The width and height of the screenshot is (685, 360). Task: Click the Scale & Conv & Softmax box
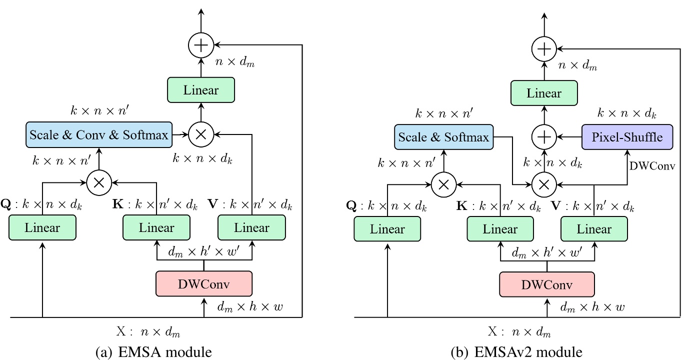99,135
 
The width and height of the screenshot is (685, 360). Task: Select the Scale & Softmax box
443,137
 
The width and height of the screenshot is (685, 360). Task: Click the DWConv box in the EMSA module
204,284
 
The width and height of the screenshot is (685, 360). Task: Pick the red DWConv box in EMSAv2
547,285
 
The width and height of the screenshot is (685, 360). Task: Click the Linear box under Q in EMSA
42,228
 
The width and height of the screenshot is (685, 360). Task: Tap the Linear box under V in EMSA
252,228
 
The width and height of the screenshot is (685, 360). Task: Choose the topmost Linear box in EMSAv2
544,93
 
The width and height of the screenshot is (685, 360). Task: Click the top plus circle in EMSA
201,45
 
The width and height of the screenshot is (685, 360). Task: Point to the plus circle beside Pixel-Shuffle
544,136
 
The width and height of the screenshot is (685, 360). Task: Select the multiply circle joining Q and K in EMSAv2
442,184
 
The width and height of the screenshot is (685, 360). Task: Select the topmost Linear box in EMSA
201,90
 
